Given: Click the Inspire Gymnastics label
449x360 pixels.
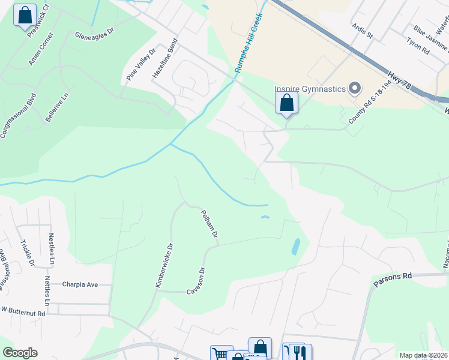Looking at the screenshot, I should coord(310,89).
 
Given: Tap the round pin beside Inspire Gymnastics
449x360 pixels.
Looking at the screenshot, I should coord(354,89).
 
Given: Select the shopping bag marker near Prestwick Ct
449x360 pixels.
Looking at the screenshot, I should coord(25,16).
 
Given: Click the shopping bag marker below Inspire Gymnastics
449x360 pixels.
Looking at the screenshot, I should coord(286,103).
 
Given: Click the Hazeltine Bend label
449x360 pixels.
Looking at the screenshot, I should coord(165,59).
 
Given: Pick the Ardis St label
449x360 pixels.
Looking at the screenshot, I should coord(362,31).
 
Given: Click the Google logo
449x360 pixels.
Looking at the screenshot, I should coord(20,353).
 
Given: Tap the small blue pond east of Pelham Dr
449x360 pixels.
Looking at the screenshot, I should coord(295,247).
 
